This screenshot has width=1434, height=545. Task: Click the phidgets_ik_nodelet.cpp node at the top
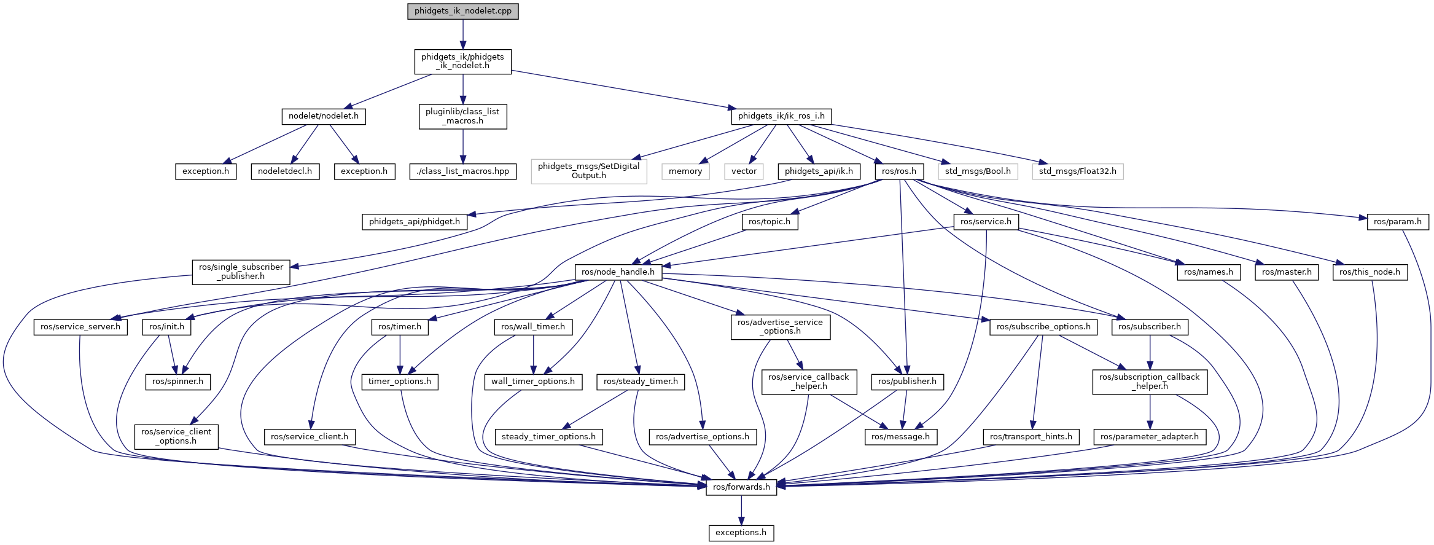coord(462,11)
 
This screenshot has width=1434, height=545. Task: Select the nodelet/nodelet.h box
coord(324,116)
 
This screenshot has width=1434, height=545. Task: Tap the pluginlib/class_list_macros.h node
coord(462,116)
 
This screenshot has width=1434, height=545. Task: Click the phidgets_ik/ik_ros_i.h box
coord(781,116)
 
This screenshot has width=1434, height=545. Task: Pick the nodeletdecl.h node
coord(285,171)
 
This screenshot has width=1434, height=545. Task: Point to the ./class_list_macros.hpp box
coord(462,171)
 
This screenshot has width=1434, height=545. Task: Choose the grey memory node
coord(685,171)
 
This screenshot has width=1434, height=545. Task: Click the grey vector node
coord(744,171)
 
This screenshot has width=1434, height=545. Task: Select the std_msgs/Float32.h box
coord(1078,171)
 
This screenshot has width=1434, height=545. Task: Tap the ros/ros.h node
coord(898,171)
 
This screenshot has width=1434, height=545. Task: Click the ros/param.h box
coord(1397,222)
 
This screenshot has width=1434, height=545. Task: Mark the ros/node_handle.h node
coord(618,272)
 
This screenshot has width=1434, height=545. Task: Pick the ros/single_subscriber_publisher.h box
coord(241,272)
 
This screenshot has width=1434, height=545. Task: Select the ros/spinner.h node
coord(177,382)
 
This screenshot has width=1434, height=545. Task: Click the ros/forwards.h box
coord(741,487)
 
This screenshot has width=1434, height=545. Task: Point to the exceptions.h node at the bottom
coord(741,533)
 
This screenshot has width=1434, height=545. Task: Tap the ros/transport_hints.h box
coord(1031,437)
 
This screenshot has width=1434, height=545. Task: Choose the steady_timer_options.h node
coord(548,437)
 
